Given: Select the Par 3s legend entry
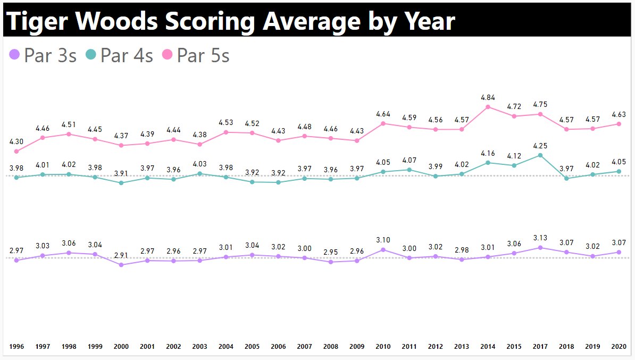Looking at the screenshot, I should [x=43, y=55].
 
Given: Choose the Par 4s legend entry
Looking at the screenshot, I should [x=119, y=55].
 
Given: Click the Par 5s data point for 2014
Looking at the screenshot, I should [x=488, y=107].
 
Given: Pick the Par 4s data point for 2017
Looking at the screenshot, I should [x=540, y=155].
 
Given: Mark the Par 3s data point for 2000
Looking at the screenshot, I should [x=121, y=265].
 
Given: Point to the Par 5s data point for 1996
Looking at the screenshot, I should [x=16, y=152].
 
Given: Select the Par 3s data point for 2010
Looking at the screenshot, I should [x=383, y=249].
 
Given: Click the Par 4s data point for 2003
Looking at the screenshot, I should [x=199, y=173].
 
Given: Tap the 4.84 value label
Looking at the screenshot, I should [x=488, y=97].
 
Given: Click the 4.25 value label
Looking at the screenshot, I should [x=540, y=146].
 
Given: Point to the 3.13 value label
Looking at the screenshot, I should [x=540, y=238].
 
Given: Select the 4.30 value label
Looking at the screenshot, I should [x=16, y=142].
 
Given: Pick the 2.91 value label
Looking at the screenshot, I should [x=121, y=255].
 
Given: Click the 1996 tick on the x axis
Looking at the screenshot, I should [x=16, y=347].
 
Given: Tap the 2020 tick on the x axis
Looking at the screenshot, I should [x=619, y=347].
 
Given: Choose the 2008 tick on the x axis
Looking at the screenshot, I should [x=331, y=347].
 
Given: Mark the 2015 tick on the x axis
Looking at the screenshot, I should [x=514, y=347].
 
